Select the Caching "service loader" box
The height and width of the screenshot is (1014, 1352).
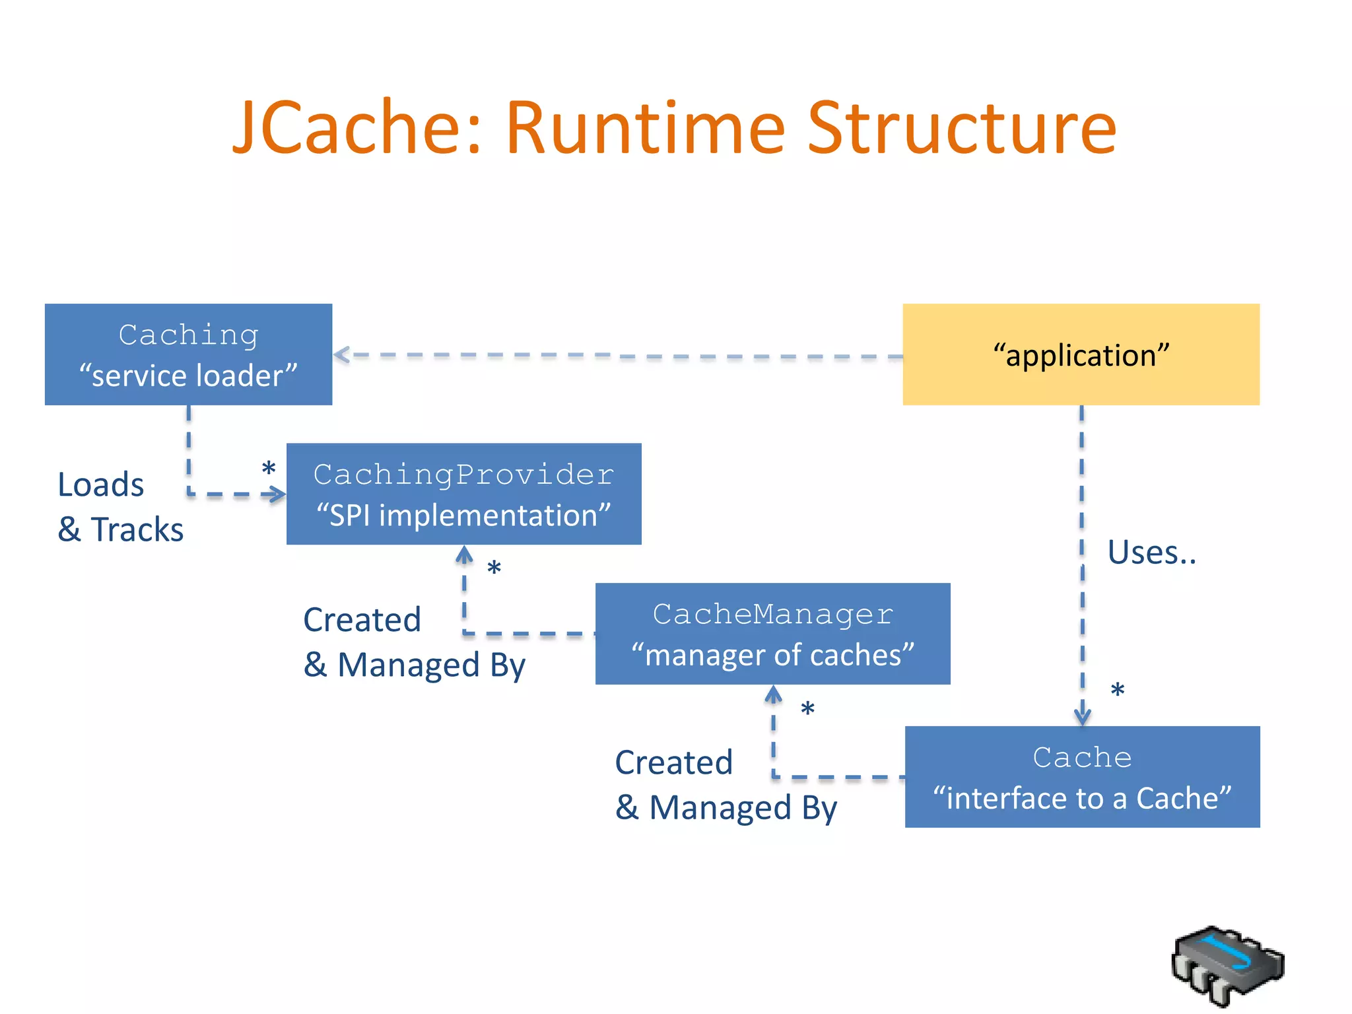188,355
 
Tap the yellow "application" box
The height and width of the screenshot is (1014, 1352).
1081,355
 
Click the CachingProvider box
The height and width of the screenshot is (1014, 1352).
463,494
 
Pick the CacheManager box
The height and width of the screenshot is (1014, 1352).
772,634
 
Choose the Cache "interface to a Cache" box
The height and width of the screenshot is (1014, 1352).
1082,776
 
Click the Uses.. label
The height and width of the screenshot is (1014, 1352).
1151,552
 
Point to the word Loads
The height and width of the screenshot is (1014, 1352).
100,485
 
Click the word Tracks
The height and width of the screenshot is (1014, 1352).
137,529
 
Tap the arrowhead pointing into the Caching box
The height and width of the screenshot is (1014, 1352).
341,355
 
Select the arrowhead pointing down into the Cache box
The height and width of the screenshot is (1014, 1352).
1082,716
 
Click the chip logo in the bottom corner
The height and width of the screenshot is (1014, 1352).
1227,966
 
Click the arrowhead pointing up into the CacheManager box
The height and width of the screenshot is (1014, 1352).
773,694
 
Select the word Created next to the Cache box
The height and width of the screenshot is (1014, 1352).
673,762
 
